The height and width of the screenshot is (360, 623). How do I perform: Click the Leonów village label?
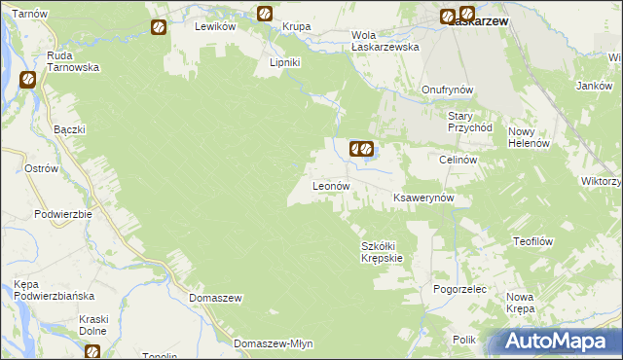coord(330,185)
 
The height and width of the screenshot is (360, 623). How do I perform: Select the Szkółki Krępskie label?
coord(382,252)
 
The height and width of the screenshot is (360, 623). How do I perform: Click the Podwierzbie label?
coord(62,214)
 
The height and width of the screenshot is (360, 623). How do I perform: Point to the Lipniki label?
coord(287,62)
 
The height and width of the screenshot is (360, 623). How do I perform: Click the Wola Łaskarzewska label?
coord(384,40)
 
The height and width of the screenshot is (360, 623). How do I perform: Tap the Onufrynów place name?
coord(447,90)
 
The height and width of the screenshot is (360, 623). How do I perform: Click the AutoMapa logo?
coord(560,342)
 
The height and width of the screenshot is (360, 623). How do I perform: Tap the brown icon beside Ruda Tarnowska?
coord(27,81)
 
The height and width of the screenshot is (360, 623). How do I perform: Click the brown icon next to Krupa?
coord(264,14)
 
